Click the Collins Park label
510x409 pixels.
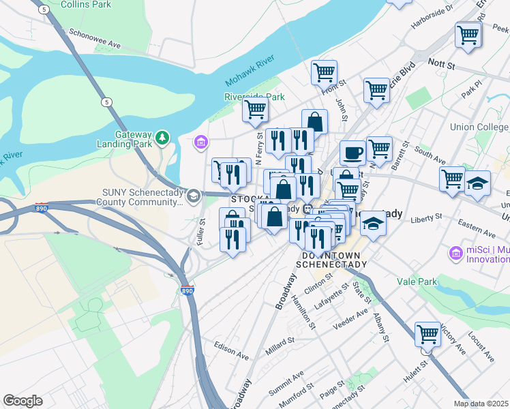[x=86, y=5]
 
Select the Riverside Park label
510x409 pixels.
[x=254, y=97]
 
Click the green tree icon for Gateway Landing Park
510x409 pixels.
[x=162, y=138]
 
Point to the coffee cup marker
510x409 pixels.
[x=352, y=153]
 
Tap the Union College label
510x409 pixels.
[x=479, y=127]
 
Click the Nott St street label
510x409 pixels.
[x=441, y=64]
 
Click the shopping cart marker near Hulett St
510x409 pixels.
[x=427, y=335]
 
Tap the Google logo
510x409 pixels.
[x=22, y=400]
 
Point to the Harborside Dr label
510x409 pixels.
[x=431, y=18]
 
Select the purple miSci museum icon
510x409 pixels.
[x=456, y=253]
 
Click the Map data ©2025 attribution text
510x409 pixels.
[x=481, y=404]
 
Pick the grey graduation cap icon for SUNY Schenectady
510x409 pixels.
[x=194, y=197]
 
